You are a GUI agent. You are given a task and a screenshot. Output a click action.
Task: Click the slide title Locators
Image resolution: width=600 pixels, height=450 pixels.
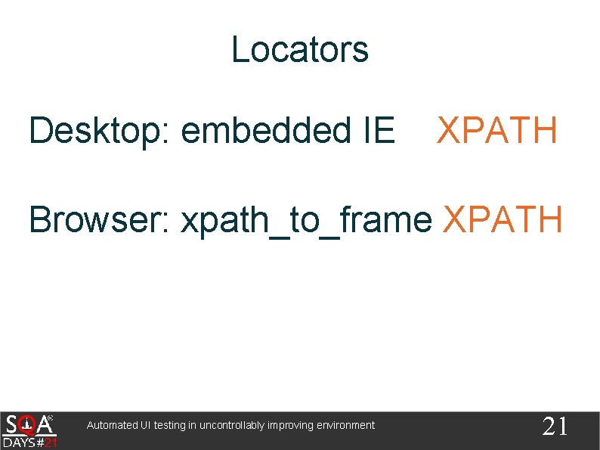pyautogui.click(x=300, y=50)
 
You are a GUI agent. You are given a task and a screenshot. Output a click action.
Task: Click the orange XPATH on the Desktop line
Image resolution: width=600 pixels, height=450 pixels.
pyautogui.click(x=497, y=131)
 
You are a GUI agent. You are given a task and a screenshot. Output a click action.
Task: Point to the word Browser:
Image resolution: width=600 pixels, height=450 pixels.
pyautogui.click(x=101, y=220)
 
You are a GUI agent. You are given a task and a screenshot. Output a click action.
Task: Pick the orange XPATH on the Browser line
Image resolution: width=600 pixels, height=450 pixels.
pyautogui.click(x=503, y=220)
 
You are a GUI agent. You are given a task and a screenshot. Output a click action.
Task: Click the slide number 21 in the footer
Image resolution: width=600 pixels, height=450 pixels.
pyautogui.click(x=555, y=427)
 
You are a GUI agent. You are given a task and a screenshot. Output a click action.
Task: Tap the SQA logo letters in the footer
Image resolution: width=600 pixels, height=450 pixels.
pyautogui.click(x=29, y=424)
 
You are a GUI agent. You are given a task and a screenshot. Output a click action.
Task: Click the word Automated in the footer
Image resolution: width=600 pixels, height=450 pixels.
pyautogui.click(x=113, y=426)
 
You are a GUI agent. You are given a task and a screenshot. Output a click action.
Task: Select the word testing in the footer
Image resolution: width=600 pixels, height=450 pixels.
pyautogui.click(x=170, y=426)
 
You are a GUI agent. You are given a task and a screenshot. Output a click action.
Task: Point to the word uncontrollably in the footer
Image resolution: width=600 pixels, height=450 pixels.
pyautogui.click(x=231, y=426)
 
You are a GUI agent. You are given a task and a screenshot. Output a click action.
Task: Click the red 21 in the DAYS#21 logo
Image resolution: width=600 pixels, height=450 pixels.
pyautogui.click(x=50, y=442)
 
